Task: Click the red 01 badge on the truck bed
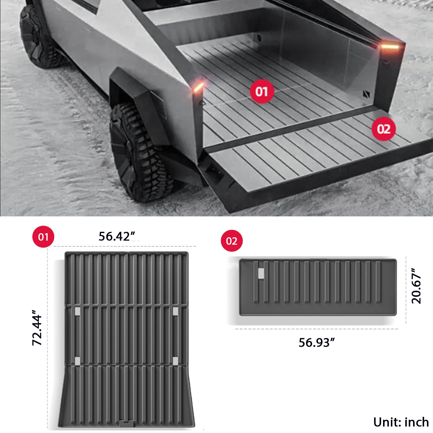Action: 262,92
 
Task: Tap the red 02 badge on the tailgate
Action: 383,129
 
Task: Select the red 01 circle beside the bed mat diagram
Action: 43,237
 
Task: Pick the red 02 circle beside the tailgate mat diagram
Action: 232,241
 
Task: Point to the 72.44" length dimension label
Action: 38,328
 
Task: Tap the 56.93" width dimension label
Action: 316,343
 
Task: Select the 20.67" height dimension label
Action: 416,286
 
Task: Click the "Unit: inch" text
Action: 401,422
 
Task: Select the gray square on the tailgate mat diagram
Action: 261,273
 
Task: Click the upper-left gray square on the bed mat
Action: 77,311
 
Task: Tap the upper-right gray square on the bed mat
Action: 175,311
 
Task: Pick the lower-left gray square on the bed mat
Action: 77,361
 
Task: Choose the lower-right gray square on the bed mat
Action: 175,361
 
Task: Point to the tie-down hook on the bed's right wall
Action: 366,94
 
